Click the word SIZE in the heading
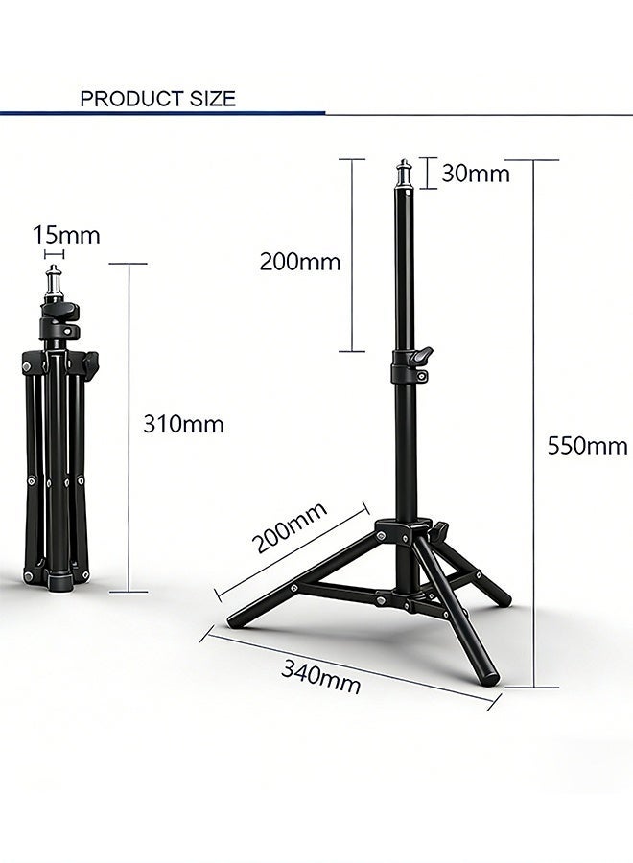pos(213,99)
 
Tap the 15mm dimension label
pos(66,236)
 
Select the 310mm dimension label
pos(183,425)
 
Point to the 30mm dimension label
pos(476,174)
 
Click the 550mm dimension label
pos(587,446)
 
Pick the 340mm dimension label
pos(321,676)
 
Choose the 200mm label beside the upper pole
pos(300,262)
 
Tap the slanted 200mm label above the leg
pos(290,527)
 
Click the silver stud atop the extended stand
pos(404,174)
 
